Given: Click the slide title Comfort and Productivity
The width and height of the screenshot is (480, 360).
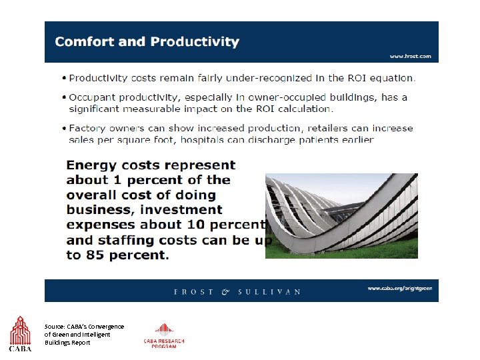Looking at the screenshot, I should coord(147,41).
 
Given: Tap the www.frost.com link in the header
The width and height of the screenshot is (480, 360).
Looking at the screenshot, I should coord(410,57).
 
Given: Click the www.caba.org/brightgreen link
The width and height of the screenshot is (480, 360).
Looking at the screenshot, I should coord(399,288).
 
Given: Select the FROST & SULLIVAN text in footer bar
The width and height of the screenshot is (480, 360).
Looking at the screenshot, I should coord(237,291).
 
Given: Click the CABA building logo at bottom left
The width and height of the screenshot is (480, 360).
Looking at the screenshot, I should coord(20,333).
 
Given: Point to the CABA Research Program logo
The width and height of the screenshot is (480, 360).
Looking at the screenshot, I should coord(164,335).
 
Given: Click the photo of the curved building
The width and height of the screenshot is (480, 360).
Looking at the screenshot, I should coord(341,215).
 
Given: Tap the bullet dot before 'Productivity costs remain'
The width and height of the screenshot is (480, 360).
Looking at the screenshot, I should coord(63,77).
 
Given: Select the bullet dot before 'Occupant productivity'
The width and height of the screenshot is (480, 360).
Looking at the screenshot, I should coord(63,97).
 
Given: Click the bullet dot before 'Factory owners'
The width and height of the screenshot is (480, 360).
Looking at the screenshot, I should coord(63,128).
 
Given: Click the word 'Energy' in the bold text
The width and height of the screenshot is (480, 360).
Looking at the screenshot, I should coord(91,165).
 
